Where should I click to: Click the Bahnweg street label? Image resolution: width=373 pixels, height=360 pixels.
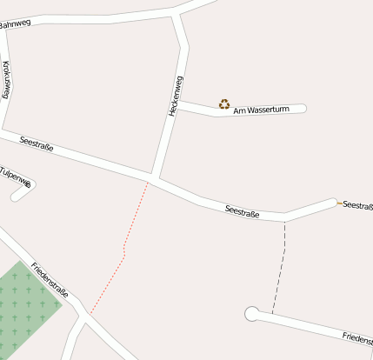[x=15, y=24]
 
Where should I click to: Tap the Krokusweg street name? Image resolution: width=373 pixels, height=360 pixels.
[x=7, y=79]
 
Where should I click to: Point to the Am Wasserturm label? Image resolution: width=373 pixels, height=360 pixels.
[x=267, y=110]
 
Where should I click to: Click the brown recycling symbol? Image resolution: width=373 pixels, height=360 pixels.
[x=224, y=104]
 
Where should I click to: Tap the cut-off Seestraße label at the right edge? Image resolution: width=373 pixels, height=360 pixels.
[x=357, y=205]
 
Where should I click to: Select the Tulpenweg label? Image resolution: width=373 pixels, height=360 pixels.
[x=16, y=177]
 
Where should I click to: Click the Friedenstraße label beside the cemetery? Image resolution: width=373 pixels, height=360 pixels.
[x=50, y=279]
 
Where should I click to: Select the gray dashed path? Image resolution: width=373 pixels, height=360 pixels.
[x=281, y=265]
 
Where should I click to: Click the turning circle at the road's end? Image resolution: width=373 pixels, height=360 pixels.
[x=252, y=314]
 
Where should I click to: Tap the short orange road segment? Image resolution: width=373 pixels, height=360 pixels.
[x=340, y=203]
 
